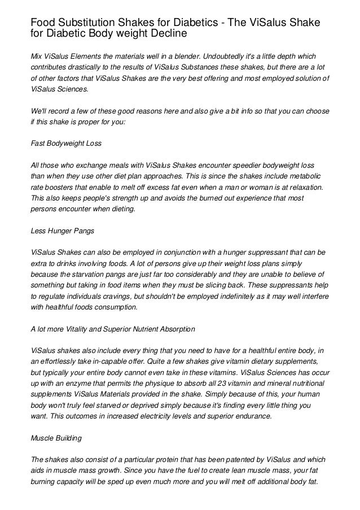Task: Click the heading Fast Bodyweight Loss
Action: (66, 143)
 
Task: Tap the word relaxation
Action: (305, 186)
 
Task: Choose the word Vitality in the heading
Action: (85, 328)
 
